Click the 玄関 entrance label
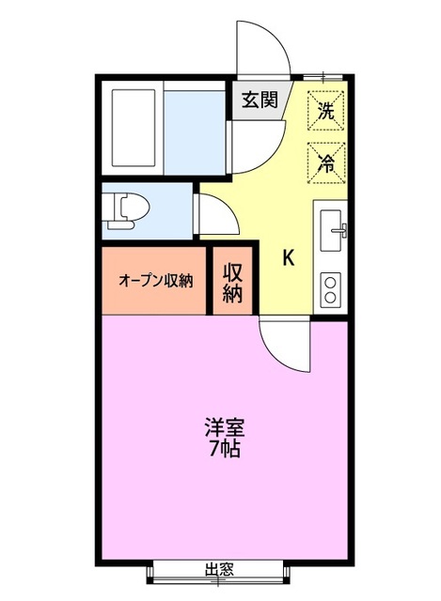tap(259, 100)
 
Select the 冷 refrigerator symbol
tap(325, 160)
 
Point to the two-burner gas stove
tap(331, 287)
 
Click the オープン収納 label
tap(155, 280)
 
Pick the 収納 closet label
tap(233, 282)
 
